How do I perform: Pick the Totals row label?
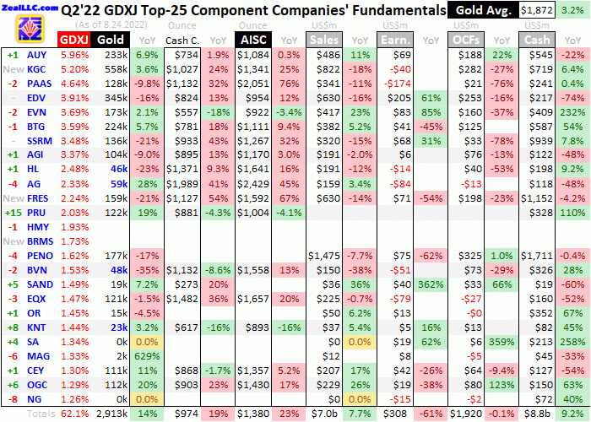click(x=41, y=414)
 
